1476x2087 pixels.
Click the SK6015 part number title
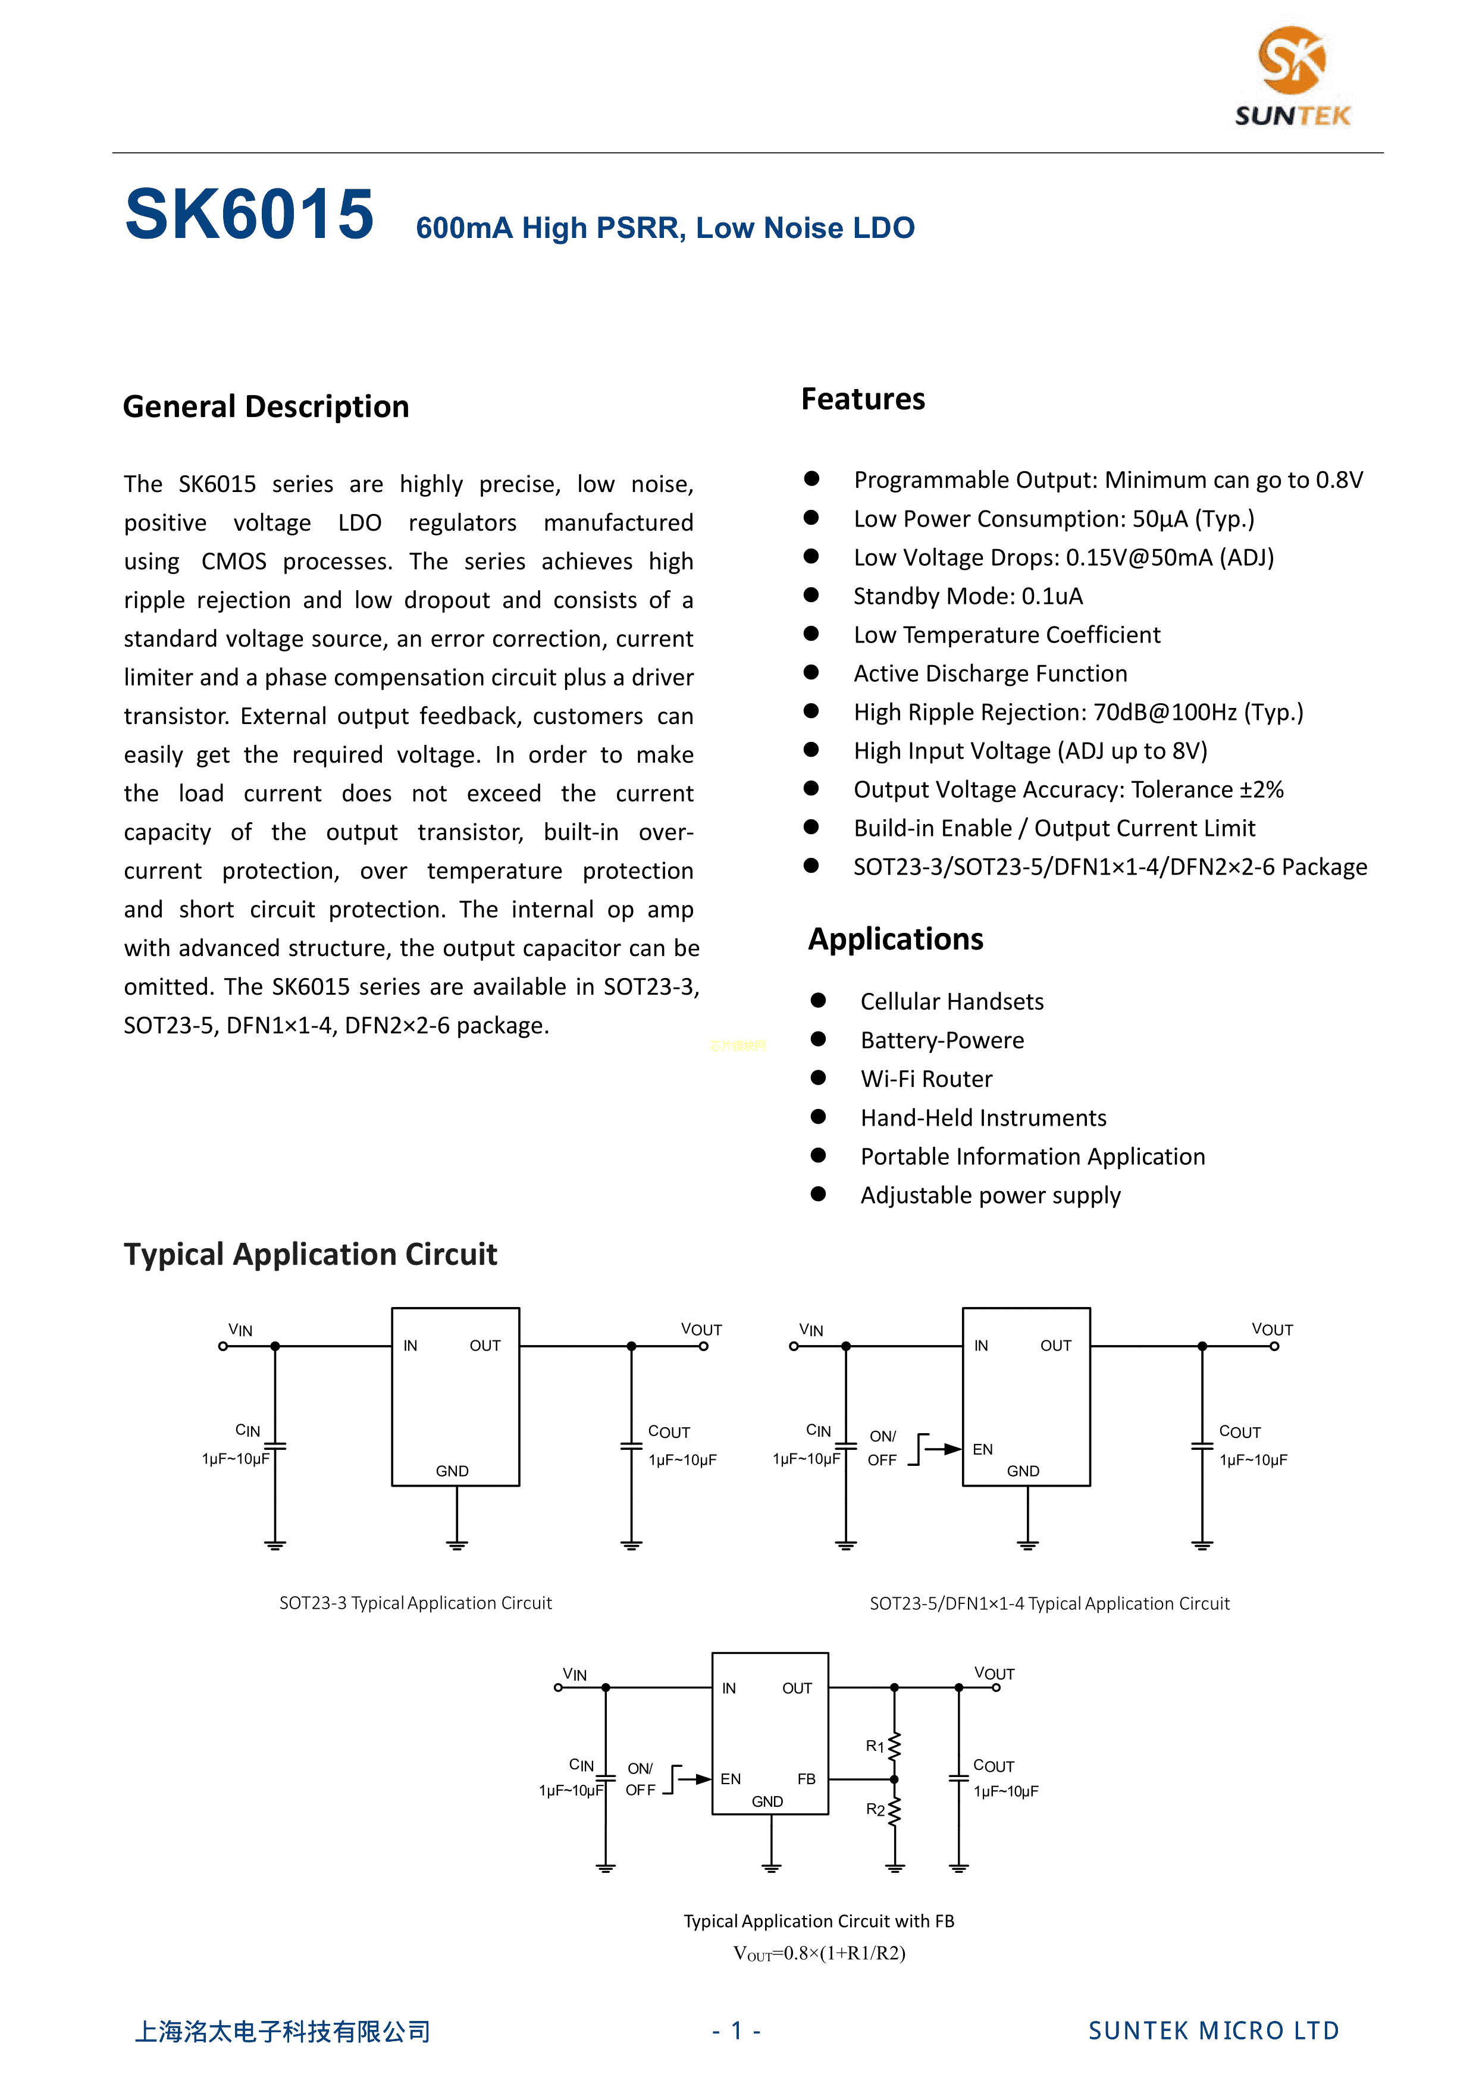pyautogui.click(x=249, y=215)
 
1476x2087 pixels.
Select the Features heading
pyautogui.click(x=863, y=399)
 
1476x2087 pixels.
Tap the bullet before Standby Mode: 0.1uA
pyautogui.click(x=811, y=596)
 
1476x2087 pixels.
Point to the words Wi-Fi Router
pyautogui.click(x=926, y=1079)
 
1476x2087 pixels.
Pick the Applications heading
pyautogui.click(x=895, y=939)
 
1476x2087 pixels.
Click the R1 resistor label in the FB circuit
pyautogui.click(x=875, y=1746)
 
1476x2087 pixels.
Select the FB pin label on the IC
pyautogui.click(x=806, y=1779)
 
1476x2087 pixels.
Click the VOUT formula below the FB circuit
pyautogui.click(x=819, y=1953)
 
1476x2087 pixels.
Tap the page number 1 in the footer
pyautogui.click(x=737, y=2030)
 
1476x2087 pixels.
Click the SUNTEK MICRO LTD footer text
pyautogui.click(x=1213, y=2030)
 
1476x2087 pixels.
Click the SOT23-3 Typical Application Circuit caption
pyautogui.click(x=415, y=1603)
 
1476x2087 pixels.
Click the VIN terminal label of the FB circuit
pyautogui.click(x=575, y=1674)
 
